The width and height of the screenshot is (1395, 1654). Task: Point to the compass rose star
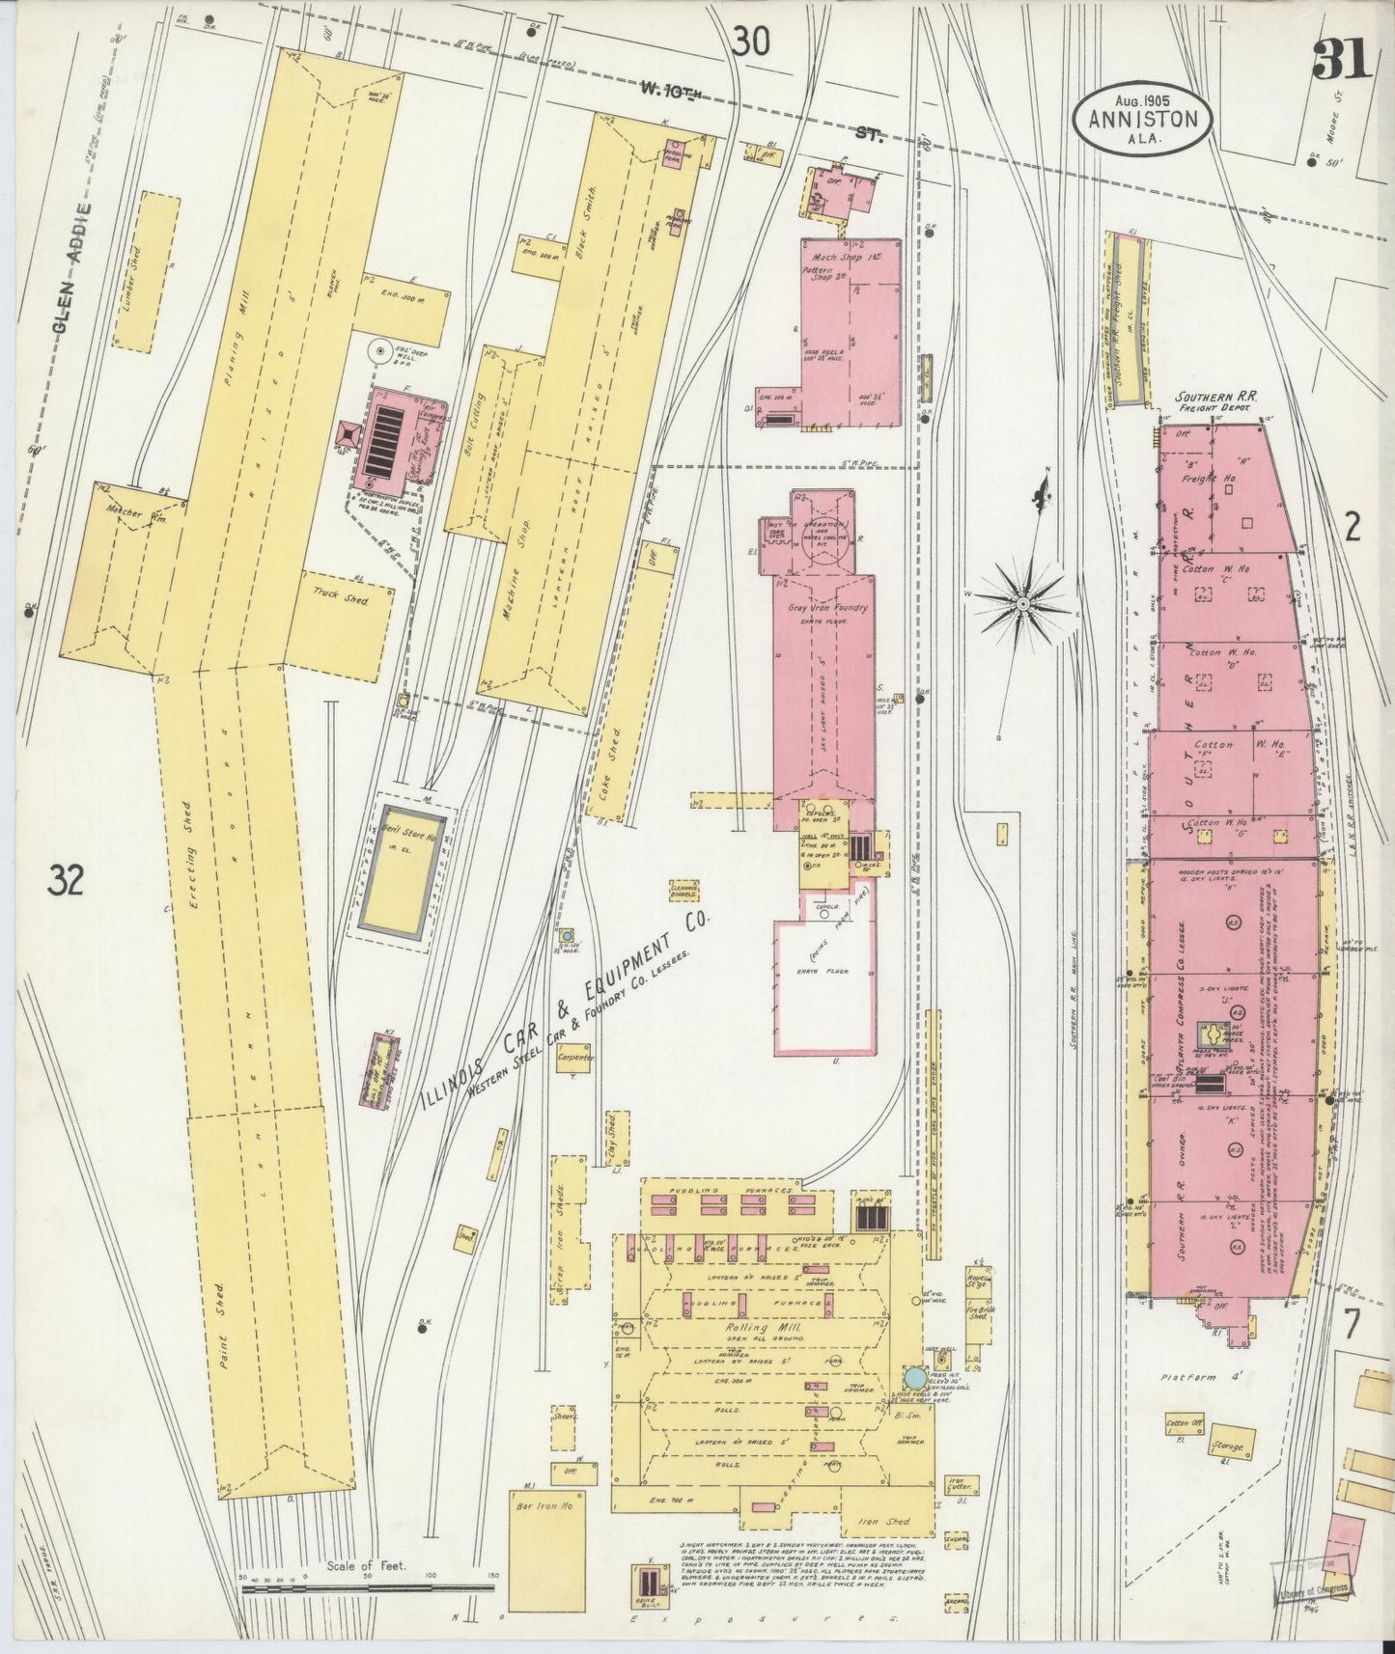[x=1022, y=603]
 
